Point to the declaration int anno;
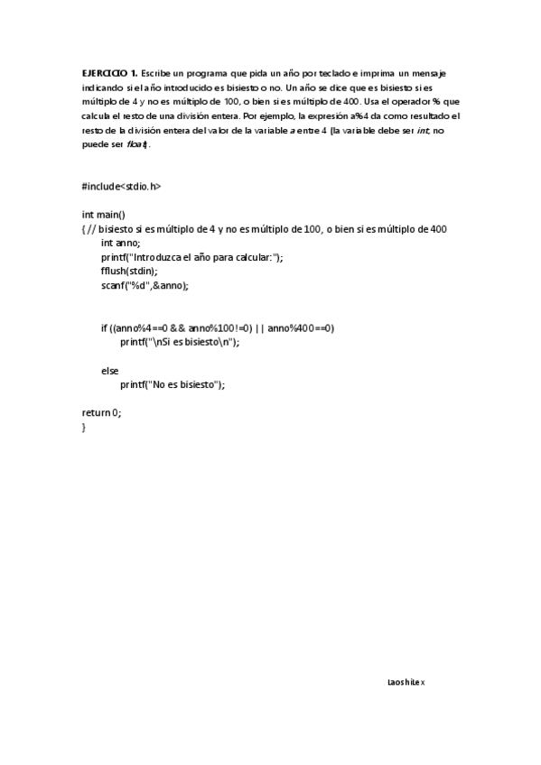click(x=121, y=243)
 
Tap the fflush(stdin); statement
click(x=130, y=271)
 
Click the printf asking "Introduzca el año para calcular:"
click(x=191, y=257)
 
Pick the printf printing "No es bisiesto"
click(x=172, y=384)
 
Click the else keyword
click(x=109, y=370)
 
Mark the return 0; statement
click(x=101, y=412)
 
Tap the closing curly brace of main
click(x=84, y=427)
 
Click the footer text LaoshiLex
click(x=405, y=682)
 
